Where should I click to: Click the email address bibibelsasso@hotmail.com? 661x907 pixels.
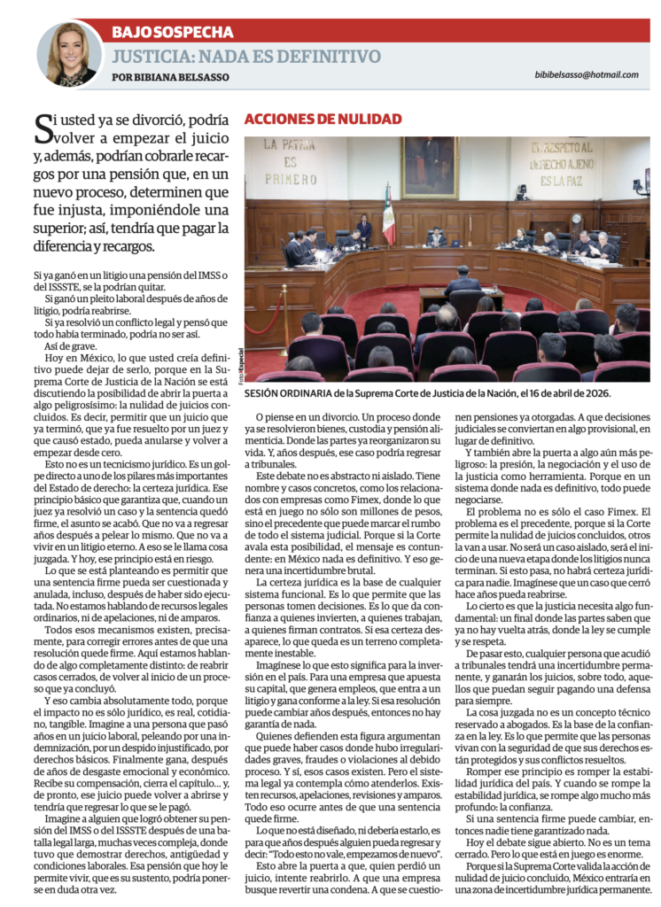[586, 74]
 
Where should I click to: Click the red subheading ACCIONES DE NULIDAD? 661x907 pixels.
[323, 119]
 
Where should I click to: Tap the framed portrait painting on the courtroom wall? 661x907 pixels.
[430, 167]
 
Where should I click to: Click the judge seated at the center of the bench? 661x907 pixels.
[435, 237]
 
